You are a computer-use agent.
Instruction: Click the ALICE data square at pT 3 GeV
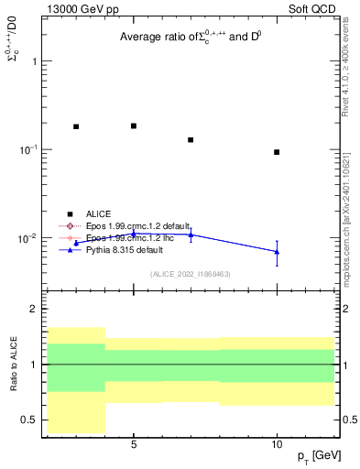pos(76,126)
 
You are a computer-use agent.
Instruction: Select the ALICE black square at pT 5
pos(134,125)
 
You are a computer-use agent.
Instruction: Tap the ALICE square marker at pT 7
pos(191,140)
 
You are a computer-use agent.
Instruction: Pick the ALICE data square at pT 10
pos(277,152)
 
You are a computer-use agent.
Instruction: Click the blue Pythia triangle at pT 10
pos(277,251)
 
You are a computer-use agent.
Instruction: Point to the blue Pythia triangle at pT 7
pos(191,234)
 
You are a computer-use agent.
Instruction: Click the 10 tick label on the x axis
pos(277,444)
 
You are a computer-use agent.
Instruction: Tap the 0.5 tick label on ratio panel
pos(30,420)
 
